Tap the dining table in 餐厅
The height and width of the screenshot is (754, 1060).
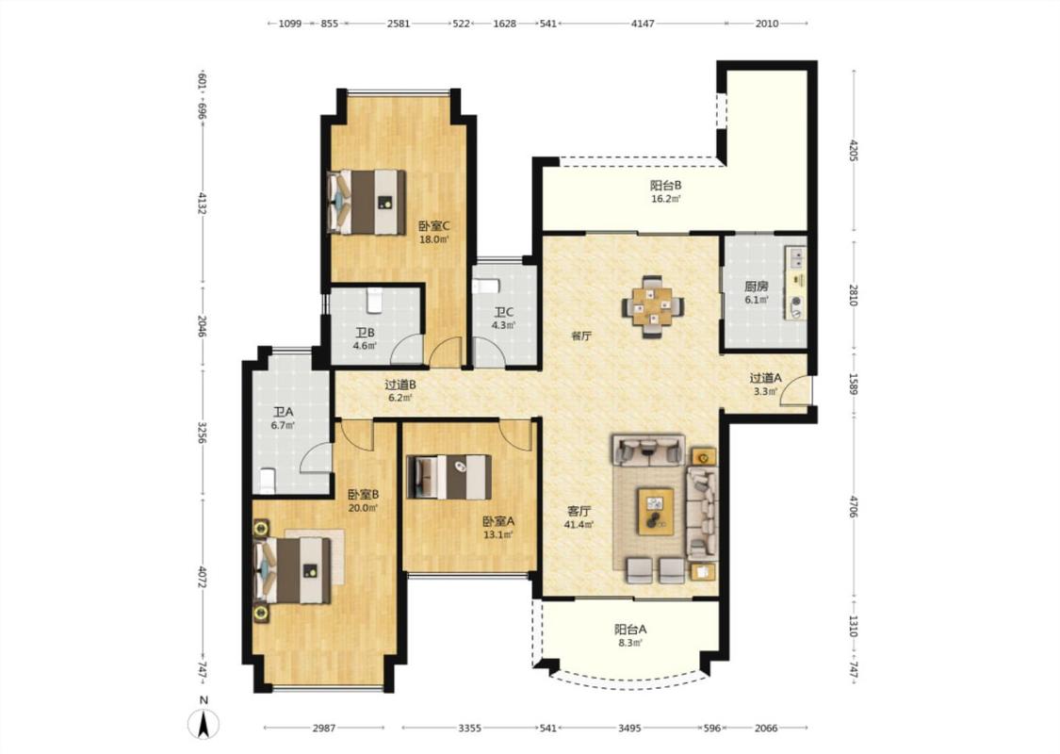coord(652,306)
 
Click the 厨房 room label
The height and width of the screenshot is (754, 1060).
coord(757,286)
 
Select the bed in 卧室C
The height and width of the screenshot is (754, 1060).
coord(367,203)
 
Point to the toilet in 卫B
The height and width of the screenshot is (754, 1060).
coord(374,301)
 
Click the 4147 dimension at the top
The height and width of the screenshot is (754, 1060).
coord(643,24)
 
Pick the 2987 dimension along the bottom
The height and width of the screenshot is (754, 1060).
coord(324,729)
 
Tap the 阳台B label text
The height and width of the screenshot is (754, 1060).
coord(666,186)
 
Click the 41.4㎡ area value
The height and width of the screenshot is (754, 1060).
coord(579,524)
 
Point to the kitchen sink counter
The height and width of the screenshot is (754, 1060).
coord(795,284)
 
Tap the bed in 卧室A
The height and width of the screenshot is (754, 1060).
coord(448,477)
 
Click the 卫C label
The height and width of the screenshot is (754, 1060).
coord(504,312)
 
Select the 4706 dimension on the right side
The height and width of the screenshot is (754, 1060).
coord(853,506)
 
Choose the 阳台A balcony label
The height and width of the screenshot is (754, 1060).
coord(630,629)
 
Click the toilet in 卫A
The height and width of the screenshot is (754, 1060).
coord(267,480)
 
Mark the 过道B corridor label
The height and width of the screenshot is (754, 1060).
coord(400,385)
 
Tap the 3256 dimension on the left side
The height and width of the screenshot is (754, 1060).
coord(202,434)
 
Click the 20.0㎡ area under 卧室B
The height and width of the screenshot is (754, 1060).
coord(363,508)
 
